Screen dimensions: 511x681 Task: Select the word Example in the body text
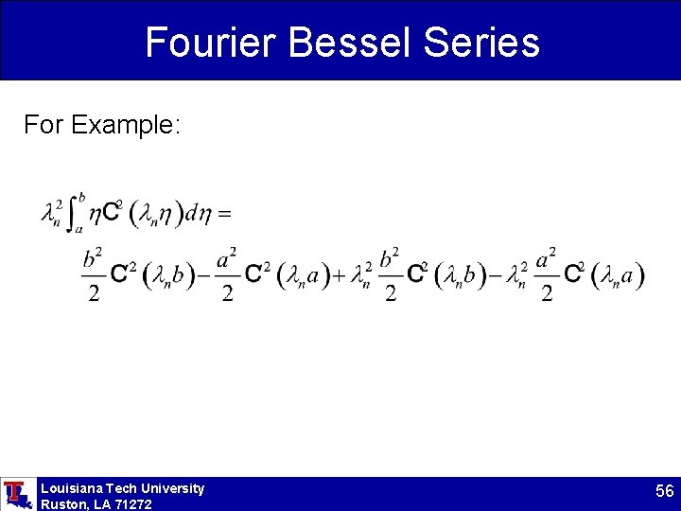pos(124,125)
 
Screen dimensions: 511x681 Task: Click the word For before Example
pos(43,125)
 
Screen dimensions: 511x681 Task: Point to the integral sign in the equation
pos(72,215)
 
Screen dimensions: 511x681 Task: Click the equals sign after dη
pos(224,215)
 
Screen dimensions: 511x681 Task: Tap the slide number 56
pos(664,492)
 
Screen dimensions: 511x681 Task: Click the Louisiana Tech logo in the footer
pos(16,494)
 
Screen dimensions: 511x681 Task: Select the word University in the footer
pos(171,488)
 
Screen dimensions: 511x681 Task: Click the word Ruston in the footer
pos(62,504)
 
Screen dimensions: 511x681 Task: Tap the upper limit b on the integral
pos(83,198)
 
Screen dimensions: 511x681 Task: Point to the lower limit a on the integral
pos(79,229)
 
